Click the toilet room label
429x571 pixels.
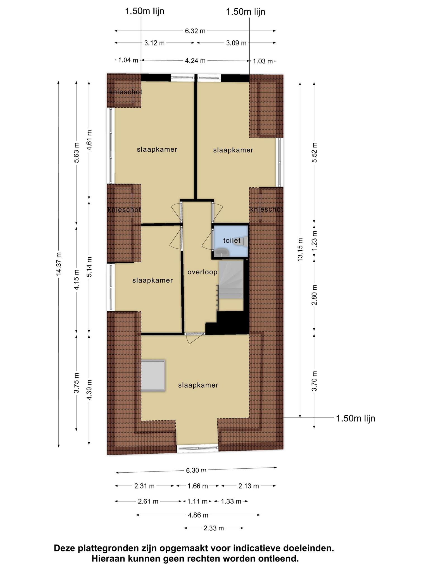click(x=232, y=240)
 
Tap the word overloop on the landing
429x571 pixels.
click(x=202, y=272)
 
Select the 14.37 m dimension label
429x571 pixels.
click(x=58, y=264)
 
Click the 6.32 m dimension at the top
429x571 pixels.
click(x=195, y=31)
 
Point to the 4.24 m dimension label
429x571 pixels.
click(x=195, y=61)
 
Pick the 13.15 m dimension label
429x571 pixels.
click(x=300, y=249)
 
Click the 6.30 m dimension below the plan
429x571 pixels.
click(x=196, y=470)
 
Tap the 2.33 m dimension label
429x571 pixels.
click(x=214, y=528)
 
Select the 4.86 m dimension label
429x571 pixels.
click(x=198, y=515)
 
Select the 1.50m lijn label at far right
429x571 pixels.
click(x=356, y=418)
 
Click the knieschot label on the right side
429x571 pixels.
click(x=266, y=209)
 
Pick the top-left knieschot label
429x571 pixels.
click(x=125, y=92)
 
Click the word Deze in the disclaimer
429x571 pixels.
click(x=65, y=548)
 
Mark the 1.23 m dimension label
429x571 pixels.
click(x=314, y=240)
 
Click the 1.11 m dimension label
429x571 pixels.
click(x=197, y=501)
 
